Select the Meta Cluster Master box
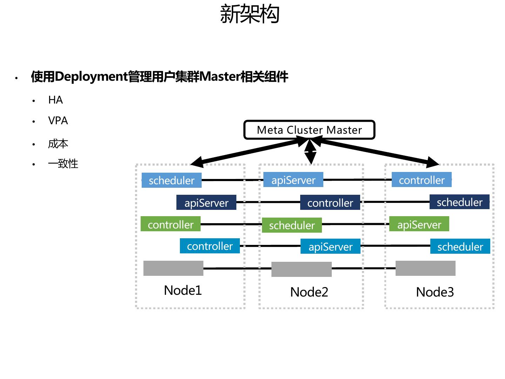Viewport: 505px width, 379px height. [x=309, y=130]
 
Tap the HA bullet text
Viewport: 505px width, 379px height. [x=55, y=100]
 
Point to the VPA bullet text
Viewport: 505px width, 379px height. [x=58, y=121]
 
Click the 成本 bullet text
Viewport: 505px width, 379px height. [x=58, y=144]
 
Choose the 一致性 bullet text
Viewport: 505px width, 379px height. [x=63, y=164]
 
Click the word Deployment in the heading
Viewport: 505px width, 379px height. [x=91, y=77]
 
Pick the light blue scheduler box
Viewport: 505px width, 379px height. [x=171, y=180]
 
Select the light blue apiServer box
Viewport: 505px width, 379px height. [x=293, y=180]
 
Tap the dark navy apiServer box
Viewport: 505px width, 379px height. [x=206, y=203]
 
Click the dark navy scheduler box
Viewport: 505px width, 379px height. [x=459, y=202]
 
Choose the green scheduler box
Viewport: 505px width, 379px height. [x=292, y=225]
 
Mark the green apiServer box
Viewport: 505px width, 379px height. [x=419, y=225]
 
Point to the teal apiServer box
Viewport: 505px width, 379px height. [x=330, y=247]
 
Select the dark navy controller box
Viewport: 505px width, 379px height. [x=330, y=203]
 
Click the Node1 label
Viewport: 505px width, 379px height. [x=183, y=290]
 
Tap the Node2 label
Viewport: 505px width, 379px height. [x=309, y=292]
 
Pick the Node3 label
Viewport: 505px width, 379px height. [x=435, y=292]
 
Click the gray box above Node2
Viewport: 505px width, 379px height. [x=302, y=269]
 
